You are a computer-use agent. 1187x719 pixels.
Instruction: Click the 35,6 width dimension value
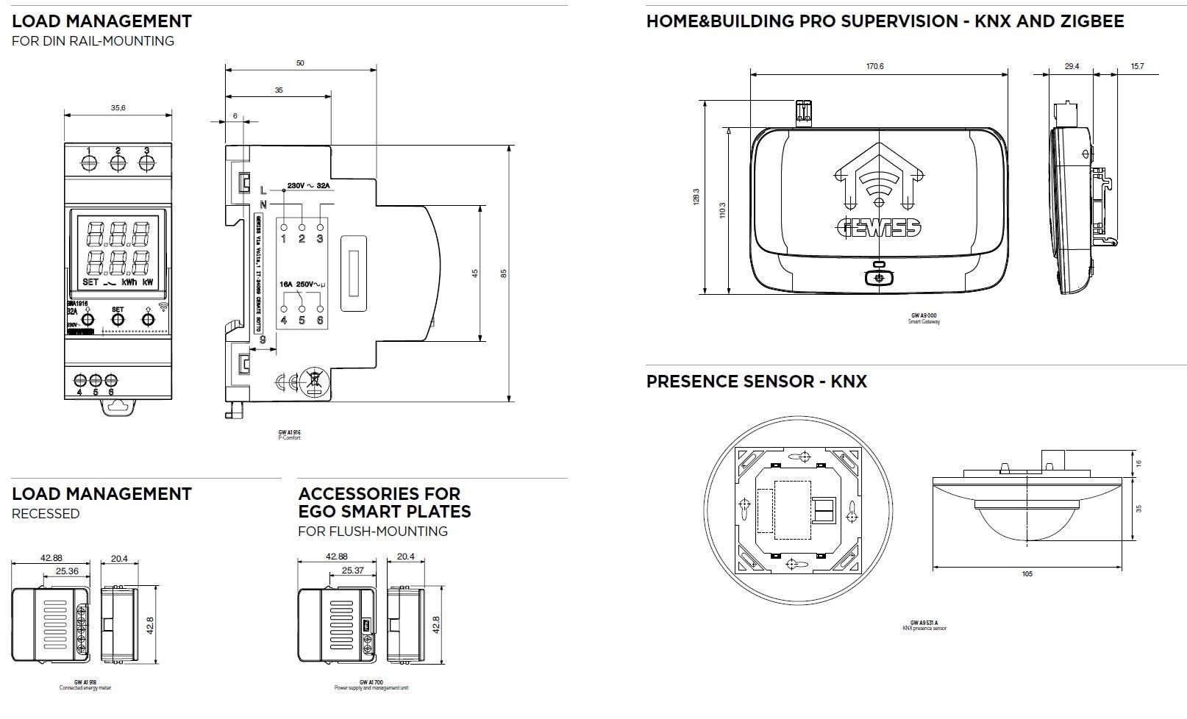[118, 108]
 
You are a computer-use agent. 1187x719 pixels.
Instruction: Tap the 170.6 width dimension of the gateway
[874, 66]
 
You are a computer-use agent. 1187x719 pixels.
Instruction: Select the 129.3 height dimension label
[696, 197]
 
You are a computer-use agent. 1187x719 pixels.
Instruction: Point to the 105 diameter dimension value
[1027, 573]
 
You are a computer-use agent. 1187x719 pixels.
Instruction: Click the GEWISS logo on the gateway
[878, 228]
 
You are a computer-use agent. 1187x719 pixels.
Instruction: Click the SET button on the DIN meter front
[118, 319]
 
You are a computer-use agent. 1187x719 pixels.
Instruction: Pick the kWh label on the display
[129, 282]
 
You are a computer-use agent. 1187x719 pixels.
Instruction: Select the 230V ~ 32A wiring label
[309, 185]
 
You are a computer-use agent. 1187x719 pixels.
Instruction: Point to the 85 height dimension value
[504, 273]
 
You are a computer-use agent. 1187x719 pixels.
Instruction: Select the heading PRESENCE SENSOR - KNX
[756, 382]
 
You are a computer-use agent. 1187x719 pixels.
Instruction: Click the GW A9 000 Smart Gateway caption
[924, 318]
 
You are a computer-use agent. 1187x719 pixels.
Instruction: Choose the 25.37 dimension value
[353, 570]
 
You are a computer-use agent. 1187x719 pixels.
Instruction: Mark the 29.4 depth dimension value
[1072, 66]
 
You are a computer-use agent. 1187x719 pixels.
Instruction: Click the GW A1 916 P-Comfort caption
[289, 434]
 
